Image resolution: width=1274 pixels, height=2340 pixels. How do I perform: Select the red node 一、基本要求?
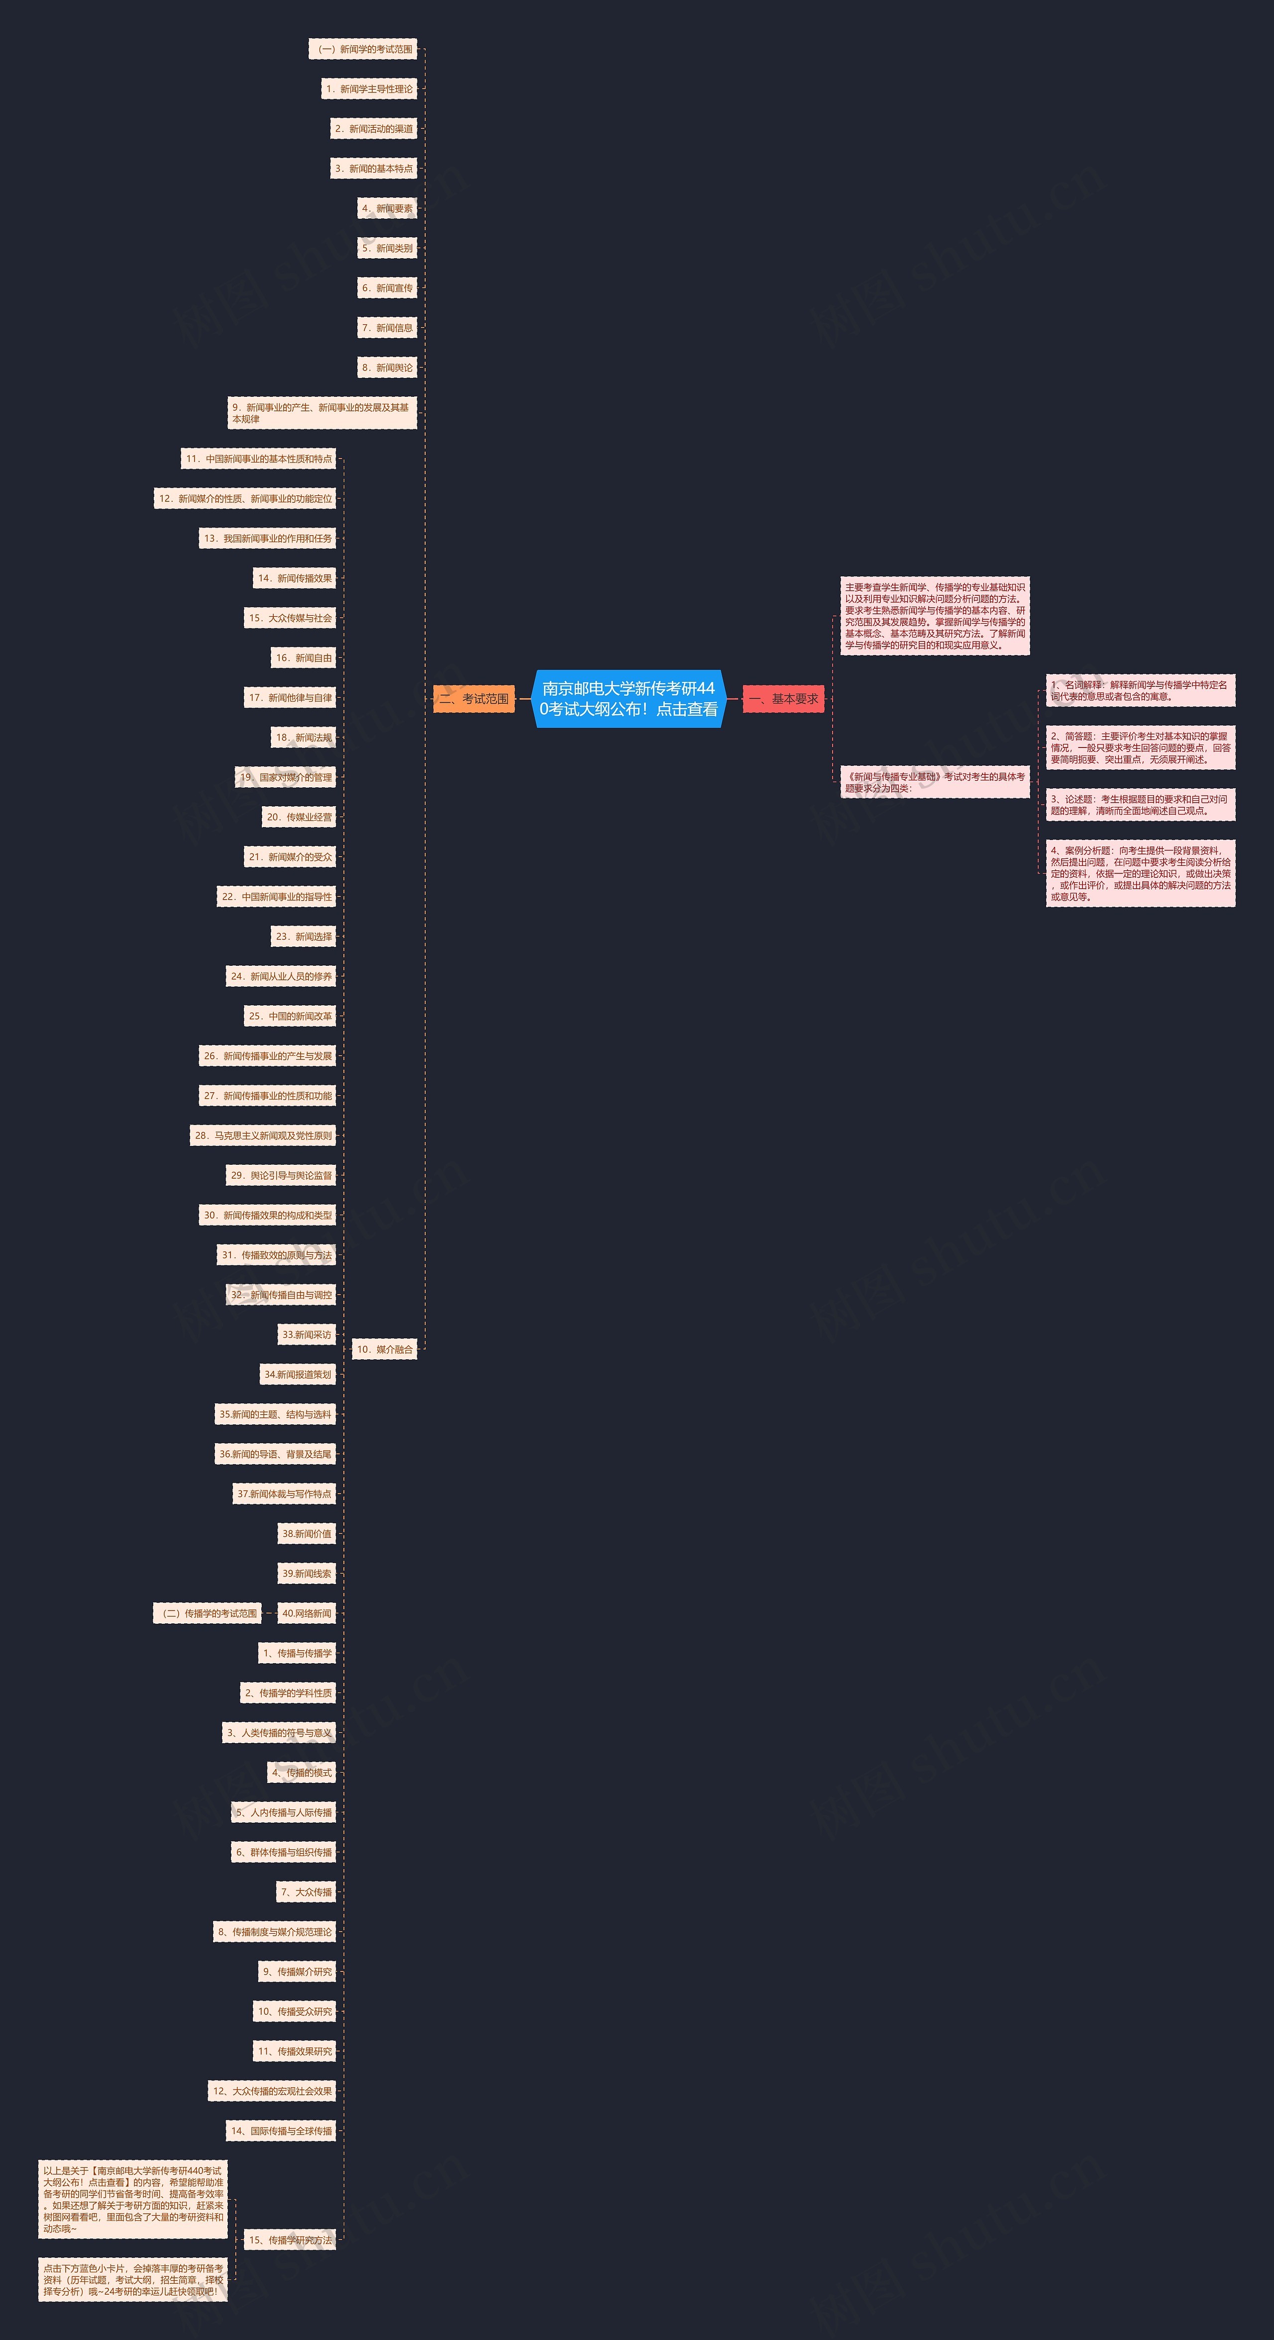[783, 699]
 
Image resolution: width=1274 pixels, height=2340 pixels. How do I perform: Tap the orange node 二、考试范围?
[473, 699]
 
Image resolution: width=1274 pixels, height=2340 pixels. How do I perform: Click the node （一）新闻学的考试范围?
[363, 49]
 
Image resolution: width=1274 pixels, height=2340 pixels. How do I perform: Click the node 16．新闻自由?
[305, 657]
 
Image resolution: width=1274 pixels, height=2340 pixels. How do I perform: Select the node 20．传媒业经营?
[299, 817]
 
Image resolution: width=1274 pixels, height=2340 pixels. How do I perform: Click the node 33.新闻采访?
[307, 1334]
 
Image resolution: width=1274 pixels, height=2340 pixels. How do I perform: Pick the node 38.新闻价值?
[307, 1533]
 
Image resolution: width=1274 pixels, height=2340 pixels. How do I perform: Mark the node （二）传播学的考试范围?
[207, 1613]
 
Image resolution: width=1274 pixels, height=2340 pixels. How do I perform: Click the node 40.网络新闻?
[307, 1613]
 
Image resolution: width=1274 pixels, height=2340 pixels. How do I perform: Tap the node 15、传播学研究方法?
[290, 2240]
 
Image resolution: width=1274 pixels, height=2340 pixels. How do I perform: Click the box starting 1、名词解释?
[1141, 690]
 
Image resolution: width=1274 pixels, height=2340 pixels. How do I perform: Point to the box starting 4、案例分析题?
[1141, 873]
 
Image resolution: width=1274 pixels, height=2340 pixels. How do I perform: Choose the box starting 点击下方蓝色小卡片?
[133, 2279]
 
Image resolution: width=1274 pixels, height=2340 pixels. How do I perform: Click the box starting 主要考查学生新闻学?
[935, 616]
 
